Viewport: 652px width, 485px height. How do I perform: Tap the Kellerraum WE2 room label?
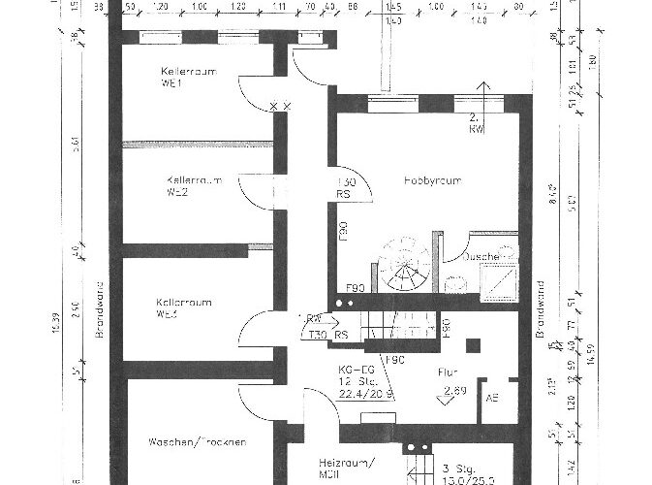coord(195,185)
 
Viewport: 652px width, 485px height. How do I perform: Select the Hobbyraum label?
coord(431,180)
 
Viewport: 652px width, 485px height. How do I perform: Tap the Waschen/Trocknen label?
coord(197,442)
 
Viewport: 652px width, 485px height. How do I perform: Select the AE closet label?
coord(492,397)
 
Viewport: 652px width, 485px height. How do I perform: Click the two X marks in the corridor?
coord(280,104)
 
